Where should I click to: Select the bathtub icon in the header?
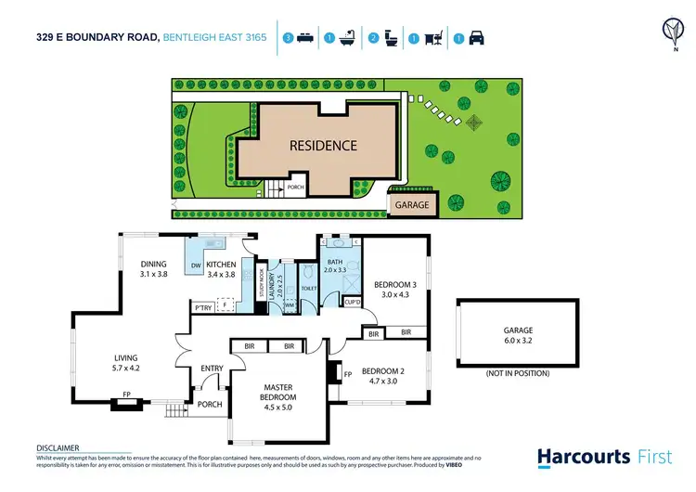pyautogui.click(x=348, y=39)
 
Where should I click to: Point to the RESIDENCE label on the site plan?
pyautogui.click(x=322, y=146)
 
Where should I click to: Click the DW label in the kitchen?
pyautogui.click(x=196, y=265)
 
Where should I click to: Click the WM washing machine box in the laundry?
pyautogui.click(x=289, y=304)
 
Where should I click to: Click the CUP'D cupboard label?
pyautogui.click(x=352, y=302)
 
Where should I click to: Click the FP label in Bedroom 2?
pyautogui.click(x=348, y=376)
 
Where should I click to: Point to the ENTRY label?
pyautogui.click(x=213, y=369)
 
